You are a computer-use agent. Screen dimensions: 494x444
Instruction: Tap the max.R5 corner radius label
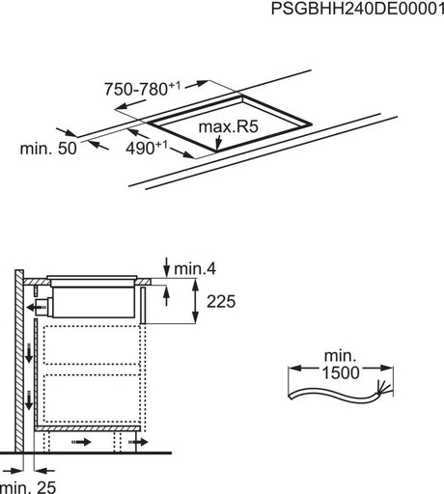pyautogui.click(x=225, y=127)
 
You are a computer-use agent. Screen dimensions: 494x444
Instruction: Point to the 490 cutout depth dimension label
pyautogui.click(x=148, y=149)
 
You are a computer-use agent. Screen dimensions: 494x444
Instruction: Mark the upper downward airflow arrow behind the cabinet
pyautogui.click(x=29, y=351)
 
